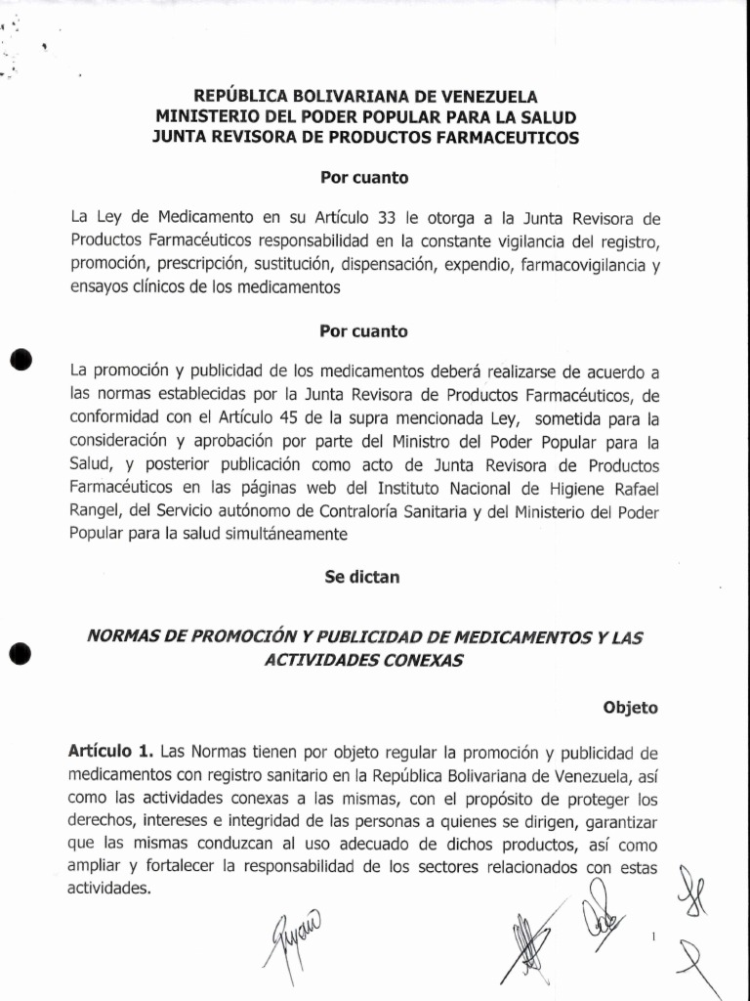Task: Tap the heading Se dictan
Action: point(361,577)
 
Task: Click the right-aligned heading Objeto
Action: point(630,708)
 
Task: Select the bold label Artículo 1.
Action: point(111,752)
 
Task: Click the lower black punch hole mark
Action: point(21,653)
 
